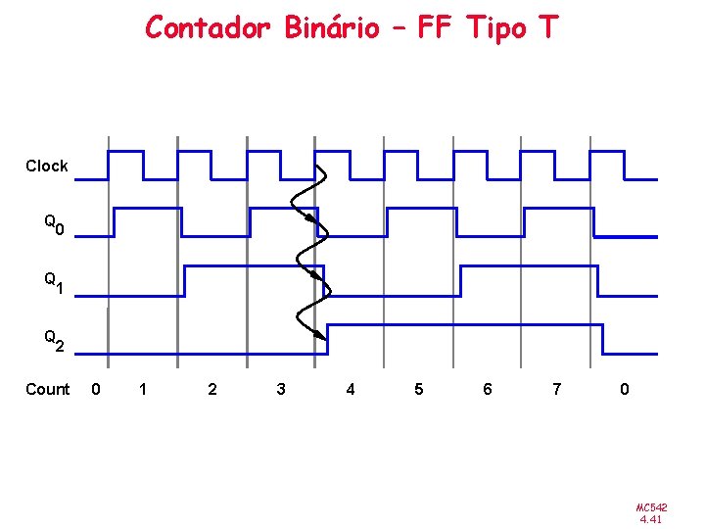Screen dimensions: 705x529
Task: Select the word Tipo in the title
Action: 495,28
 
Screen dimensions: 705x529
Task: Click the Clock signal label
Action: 47,167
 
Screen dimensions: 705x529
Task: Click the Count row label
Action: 47,390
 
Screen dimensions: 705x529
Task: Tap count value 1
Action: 143,390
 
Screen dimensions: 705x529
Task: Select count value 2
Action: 212,390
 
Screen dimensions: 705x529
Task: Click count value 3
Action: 281,390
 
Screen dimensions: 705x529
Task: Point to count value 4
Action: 351,390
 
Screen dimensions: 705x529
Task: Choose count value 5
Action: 419,390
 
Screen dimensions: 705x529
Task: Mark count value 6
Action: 488,390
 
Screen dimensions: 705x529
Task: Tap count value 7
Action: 556,390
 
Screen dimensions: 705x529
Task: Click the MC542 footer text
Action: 651,507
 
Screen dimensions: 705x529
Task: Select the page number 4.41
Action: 651,520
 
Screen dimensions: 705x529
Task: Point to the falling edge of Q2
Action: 602,339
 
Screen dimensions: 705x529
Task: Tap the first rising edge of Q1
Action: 184,281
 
